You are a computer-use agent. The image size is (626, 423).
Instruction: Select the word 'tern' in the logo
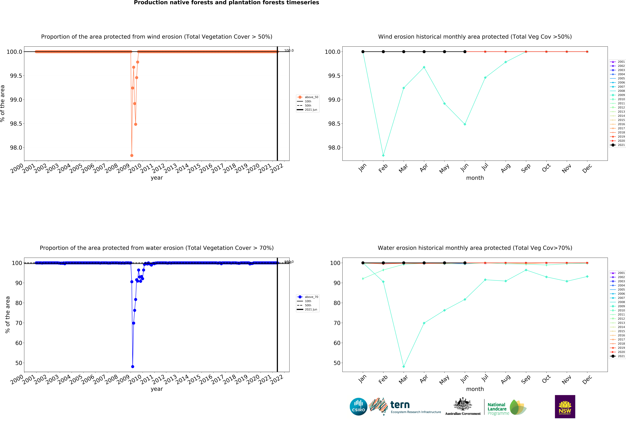coord(400,405)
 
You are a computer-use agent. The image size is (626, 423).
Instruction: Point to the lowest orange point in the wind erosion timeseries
coord(132,155)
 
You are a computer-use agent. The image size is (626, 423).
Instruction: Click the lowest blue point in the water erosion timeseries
coord(133,366)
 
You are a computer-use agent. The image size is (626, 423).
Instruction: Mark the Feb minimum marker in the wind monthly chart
coord(383,155)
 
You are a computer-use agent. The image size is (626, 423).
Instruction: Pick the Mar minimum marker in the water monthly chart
coord(403,366)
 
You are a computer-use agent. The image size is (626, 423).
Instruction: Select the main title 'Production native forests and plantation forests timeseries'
coord(226,3)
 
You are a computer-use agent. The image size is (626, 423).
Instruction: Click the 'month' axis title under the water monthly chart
coord(475,389)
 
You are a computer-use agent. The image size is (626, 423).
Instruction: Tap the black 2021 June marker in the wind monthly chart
coord(465,52)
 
